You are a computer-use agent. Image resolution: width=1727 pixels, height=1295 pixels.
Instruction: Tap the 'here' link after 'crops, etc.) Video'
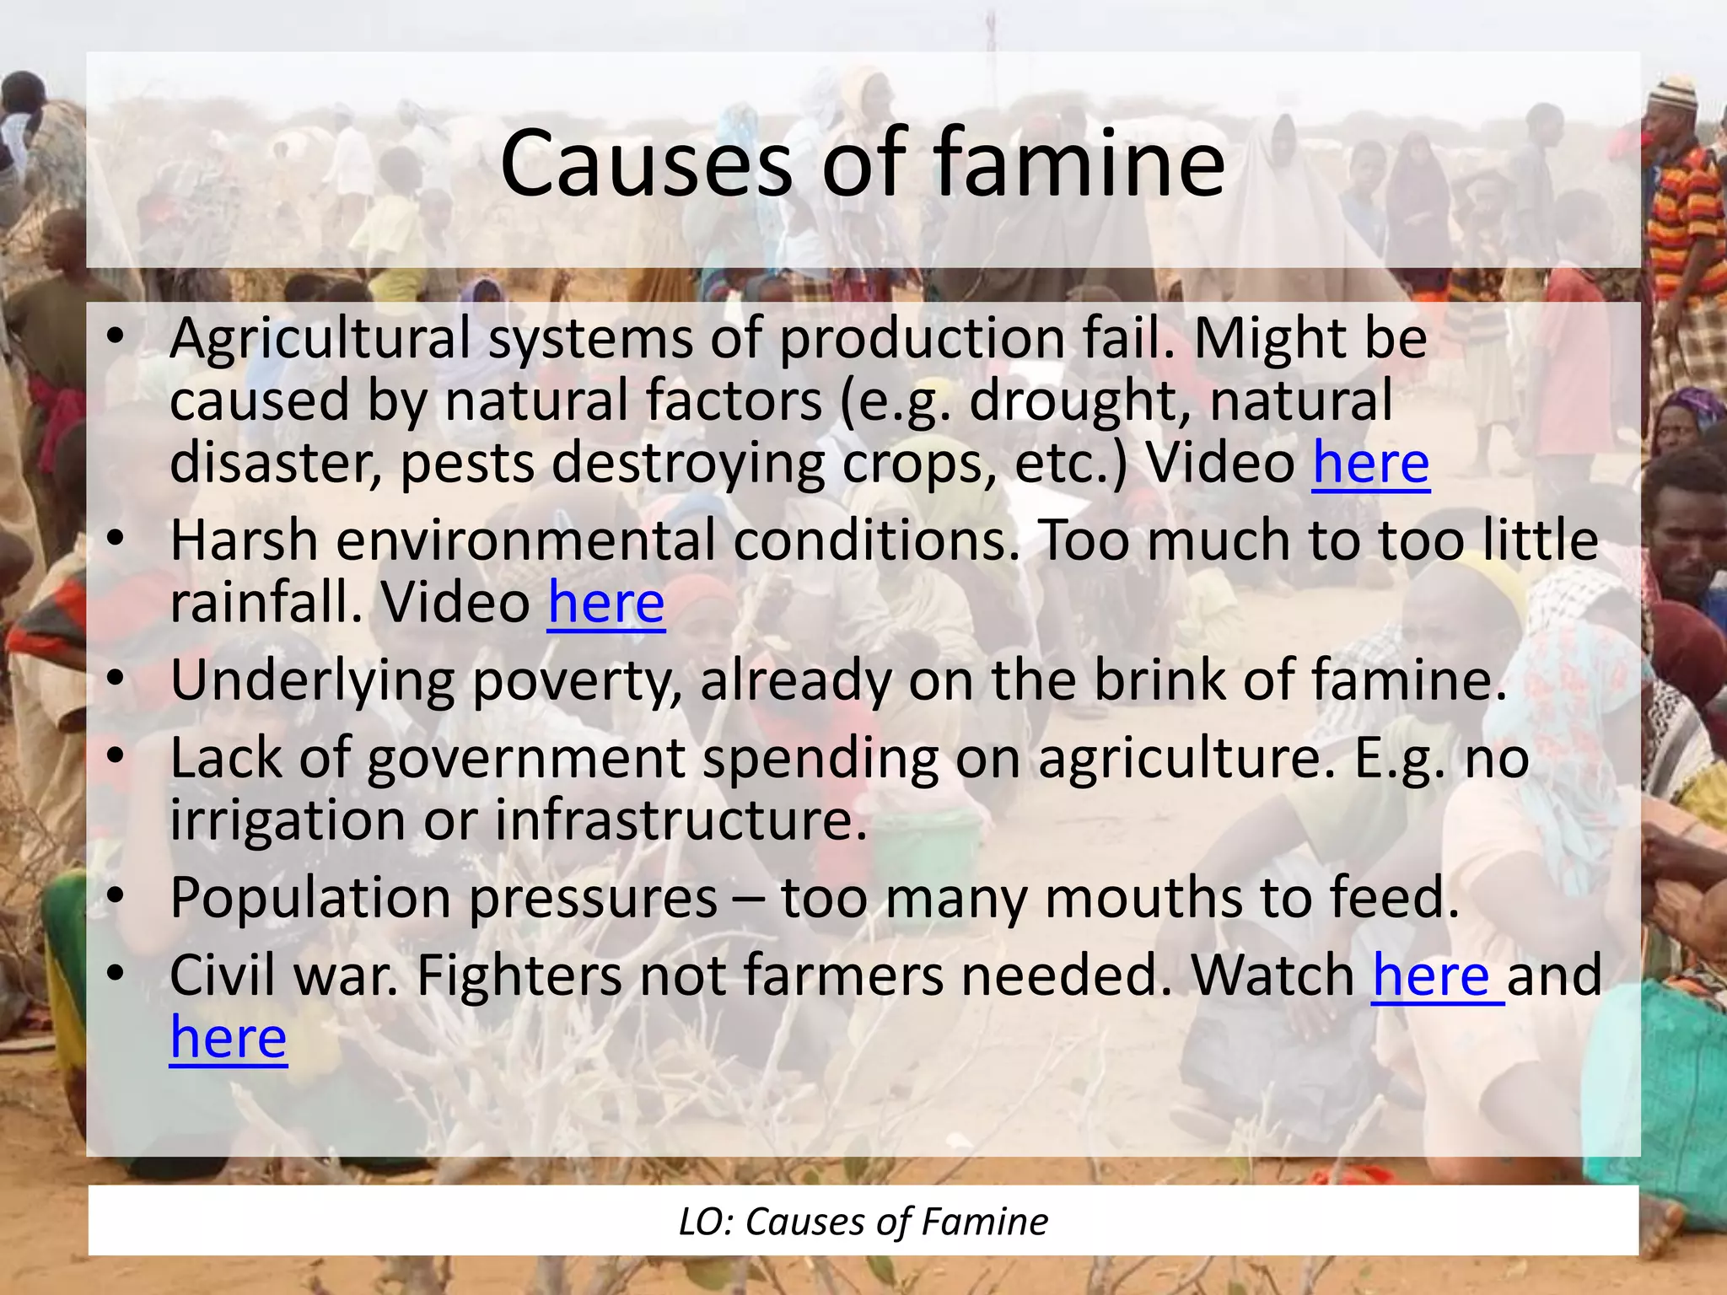[1370, 464]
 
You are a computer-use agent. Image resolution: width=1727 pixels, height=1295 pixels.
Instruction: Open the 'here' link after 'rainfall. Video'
[605, 604]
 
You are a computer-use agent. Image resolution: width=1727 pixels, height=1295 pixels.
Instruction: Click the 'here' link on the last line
[228, 1038]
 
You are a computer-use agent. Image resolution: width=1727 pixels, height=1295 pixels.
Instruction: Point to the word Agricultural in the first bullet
[320, 339]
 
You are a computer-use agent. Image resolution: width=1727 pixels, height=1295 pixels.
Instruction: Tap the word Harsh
[244, 541]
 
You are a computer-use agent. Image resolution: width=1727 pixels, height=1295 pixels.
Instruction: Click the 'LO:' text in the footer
[705, 1222]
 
